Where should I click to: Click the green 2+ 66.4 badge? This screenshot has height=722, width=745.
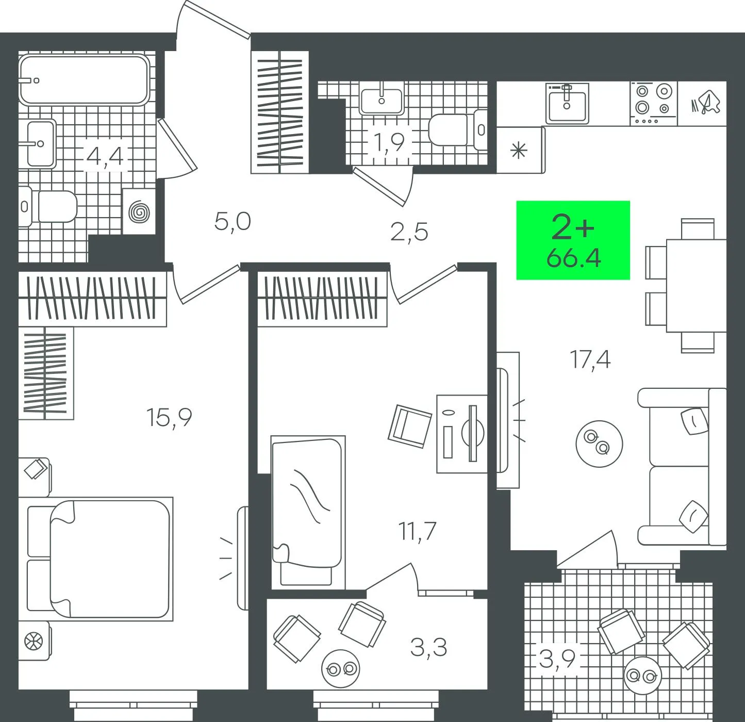573,240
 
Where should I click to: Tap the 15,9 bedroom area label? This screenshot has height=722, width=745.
169,418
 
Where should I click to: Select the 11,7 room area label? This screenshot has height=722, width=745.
417,531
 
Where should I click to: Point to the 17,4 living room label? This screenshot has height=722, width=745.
590,360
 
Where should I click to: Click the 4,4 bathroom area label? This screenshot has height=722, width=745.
105,157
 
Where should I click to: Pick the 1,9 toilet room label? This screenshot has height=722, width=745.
389,142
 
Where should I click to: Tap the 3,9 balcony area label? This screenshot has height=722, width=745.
557,659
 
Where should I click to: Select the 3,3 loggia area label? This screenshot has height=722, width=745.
428,647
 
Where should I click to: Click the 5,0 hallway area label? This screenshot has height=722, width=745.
233,222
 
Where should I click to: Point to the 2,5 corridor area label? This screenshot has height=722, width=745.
409,232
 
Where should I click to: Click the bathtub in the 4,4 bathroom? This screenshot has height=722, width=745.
84,79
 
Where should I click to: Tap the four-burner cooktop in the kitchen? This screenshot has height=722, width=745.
654,104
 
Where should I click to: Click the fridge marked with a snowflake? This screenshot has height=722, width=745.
521,150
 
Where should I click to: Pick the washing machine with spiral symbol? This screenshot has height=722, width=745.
139,211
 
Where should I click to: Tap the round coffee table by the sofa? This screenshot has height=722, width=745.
599,444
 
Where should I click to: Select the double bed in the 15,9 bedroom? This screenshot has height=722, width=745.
100,559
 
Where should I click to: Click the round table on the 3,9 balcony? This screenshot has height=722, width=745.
643,676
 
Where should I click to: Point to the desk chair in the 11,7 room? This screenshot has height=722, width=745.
410,426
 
